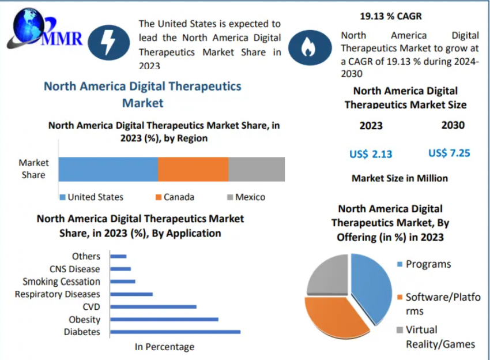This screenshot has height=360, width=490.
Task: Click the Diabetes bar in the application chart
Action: [x=175, y=332]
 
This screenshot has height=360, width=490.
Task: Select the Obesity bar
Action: [x=164, y=319]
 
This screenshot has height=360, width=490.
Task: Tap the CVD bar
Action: [x=153, y=306]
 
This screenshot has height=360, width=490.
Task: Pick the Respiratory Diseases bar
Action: [x=131, y=294]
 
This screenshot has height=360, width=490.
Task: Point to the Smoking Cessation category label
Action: [x=61, y=282]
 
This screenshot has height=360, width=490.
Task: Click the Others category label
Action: [x=86, y=256]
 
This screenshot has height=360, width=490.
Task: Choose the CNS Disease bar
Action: [x=120, y=269]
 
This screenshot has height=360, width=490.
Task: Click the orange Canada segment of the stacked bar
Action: [x=193, y=169]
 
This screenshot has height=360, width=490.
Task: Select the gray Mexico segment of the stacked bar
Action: [x=257, y=169]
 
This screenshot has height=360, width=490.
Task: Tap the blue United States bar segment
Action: [x=108, y=169]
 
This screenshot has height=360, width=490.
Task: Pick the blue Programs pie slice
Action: [x=372, y=286]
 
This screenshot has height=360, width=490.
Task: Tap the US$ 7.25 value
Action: [x=449, y=153]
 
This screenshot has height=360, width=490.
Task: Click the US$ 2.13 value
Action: [x=371, y=154]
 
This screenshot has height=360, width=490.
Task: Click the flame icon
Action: [x=310, y=47]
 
